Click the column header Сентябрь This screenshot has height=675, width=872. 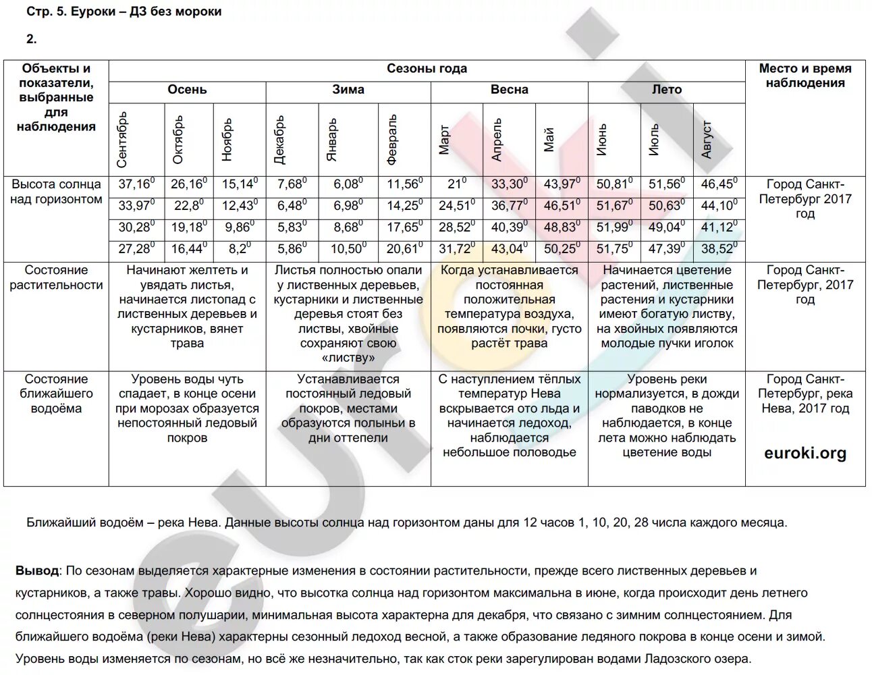pos(122,140)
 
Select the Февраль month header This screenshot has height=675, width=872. pos(392,140)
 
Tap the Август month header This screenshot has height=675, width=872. pos(707,140)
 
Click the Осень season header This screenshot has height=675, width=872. pos(187,90)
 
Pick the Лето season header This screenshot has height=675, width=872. pos(666,90)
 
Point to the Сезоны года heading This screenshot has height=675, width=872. pos(427,69)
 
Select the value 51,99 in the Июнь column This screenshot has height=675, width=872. pos(614,227)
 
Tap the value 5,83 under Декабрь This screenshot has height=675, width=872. pos(292,227)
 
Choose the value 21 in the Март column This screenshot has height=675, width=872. pos(456,184)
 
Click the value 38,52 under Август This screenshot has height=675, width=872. pos(718,249)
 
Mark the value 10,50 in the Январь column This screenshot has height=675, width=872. pos(348,249)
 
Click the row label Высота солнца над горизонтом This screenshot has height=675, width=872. pos(56,192)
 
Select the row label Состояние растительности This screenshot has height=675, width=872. pos(56,277)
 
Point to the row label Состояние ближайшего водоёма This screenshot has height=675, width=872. pos(56,394)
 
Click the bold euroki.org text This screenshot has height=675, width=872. pos(805,453)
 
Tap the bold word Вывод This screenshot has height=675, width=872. pos(37,571)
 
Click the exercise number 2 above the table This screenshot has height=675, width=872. pos(31,39)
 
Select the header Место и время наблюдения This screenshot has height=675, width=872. pos(805,76)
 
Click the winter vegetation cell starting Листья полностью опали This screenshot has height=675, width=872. pos(348,313)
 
